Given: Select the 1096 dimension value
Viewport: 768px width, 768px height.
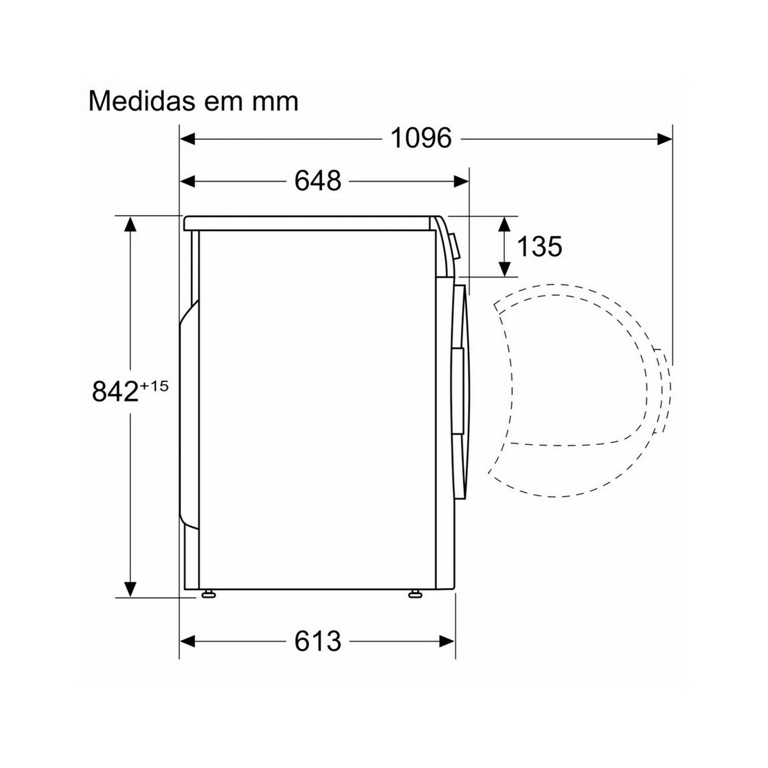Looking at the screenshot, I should click(421, 138).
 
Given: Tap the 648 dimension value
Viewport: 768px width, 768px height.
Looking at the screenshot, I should click(317, 181).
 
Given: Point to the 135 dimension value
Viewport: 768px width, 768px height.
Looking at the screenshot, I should click(539, 246).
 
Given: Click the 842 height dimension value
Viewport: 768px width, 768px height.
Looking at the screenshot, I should click(115, 392).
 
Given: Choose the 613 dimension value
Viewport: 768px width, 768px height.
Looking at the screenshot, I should click(317, 641).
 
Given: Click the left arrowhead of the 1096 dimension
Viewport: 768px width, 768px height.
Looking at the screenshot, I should click(188, 138).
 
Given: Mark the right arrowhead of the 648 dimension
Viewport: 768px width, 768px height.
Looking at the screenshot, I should click(461, 182).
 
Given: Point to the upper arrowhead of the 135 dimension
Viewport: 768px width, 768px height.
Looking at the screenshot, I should click(505, 224).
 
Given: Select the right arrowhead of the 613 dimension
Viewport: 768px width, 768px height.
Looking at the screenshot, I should click(447, 641).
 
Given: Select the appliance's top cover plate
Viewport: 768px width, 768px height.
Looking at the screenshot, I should click(307, 223).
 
